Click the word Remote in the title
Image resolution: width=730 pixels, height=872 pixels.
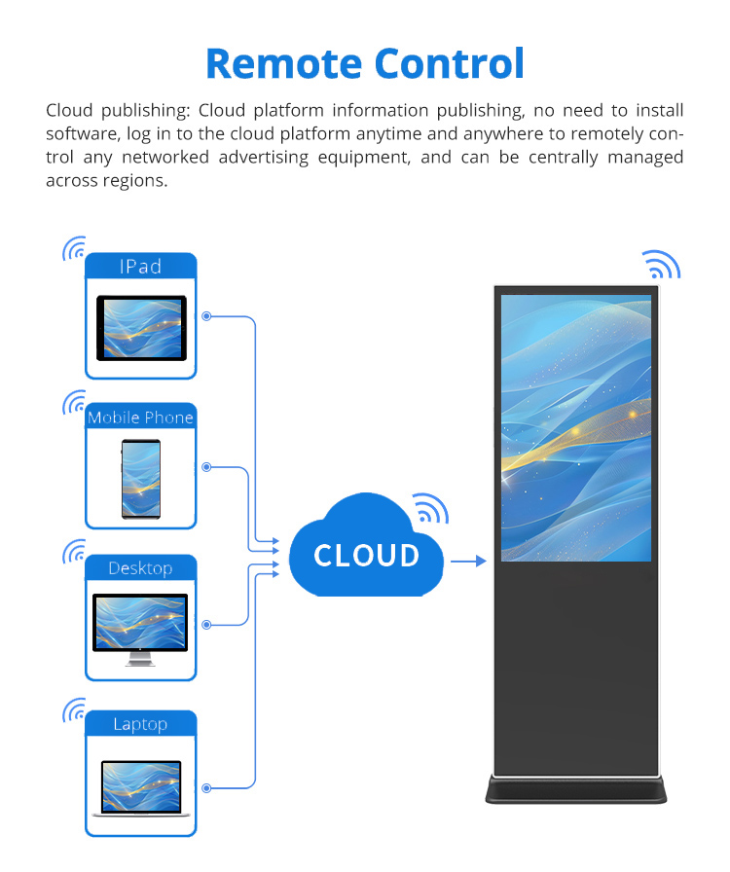[x=284, y=63]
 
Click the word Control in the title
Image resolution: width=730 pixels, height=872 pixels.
[x=450, y=63]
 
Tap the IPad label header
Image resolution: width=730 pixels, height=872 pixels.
[x=141, y=267]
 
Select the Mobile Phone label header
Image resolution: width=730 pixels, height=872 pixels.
[x=141, y=418]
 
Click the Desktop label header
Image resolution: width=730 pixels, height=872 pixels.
[x=141, y=567]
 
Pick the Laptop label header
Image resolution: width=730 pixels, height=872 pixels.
[x=141, y=723]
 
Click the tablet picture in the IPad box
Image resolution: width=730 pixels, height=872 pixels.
[x=141, y=328]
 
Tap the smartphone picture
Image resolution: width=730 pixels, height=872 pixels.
[x=141, y=479]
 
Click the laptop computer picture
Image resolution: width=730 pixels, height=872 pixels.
[x=141, y=788]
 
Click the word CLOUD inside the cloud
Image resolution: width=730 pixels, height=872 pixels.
[x=366, y=556]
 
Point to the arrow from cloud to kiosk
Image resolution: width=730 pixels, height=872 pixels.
[x=468, y=562]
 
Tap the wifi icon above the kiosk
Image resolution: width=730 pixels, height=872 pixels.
[x=662, y=265]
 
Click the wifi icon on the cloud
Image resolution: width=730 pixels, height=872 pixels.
[x=430, y=508]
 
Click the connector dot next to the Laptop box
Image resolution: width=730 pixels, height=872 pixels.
[x=206, y=788]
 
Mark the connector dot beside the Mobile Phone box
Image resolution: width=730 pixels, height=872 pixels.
[x=206, y=467]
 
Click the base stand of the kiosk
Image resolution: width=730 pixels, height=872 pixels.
[x=576, y=789]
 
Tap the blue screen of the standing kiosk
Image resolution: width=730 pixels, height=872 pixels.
[x=576, y=428]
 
